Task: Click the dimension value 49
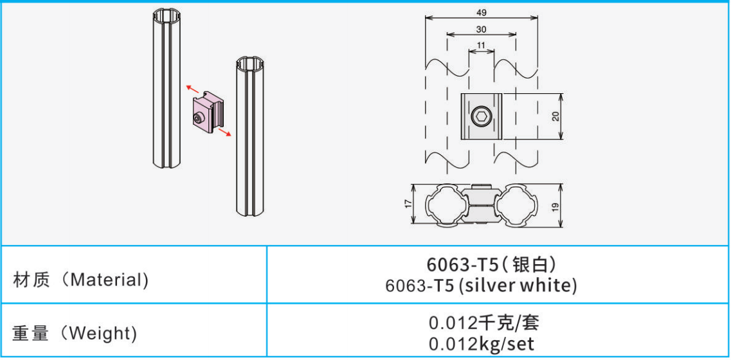(x=482, y=13)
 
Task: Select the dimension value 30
(x=481, y=30)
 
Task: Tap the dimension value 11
(x=481, y=46)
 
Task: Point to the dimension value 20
(x=555, y=116)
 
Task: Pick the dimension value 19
(x=555, y=205)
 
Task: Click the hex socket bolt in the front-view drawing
(x=481, y=116)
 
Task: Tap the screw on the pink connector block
(x=199, y=118)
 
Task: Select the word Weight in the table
(x=102, y=334)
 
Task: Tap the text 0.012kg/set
(x=481, y=344)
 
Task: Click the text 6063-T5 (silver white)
(x=481, y=285)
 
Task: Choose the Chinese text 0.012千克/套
(x=481, y=322)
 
